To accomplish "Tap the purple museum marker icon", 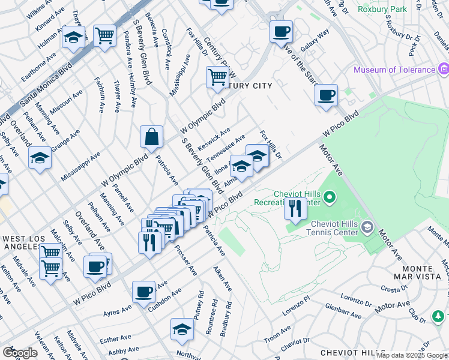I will pyautogui.click(x=444, y=69).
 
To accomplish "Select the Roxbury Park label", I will pyautogui.click(x=382, y=9).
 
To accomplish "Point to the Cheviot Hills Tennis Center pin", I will pyautogui.click(x=368, y=227).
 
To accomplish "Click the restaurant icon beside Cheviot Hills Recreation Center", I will pyautogui.click(x=294, y=209).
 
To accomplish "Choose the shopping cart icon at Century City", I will pyautogui.click(x=217, y=77).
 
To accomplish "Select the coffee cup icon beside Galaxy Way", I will pyautogui.click(x=280, y=31).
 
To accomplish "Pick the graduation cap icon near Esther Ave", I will pyautogui.click(x=182, y=329).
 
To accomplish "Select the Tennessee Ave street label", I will pyautogui.click(x=226, y=148).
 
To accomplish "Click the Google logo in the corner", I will pyautogui.click(x=20, y=353).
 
